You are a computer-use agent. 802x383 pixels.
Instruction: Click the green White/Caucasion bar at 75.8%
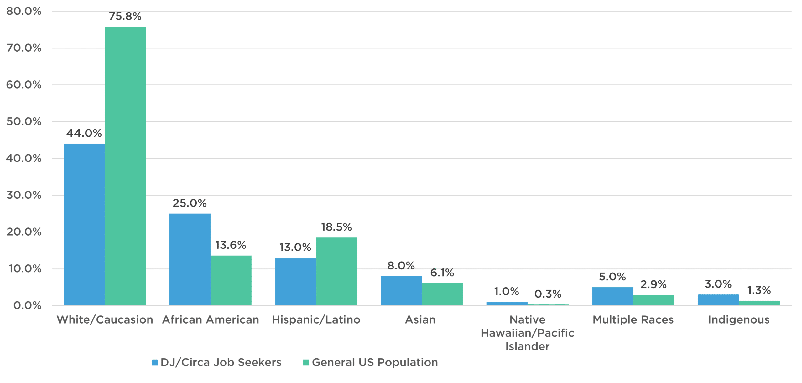pyautogui.click(x=125, y=166)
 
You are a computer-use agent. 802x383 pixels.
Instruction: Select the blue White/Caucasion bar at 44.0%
pyautogui.click(x=84, y=224)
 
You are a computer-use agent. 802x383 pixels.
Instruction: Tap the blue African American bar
pyautogui.click(x=190, y=259)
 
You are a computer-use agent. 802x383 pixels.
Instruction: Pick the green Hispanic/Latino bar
pyautogui.click(x=337, y=271)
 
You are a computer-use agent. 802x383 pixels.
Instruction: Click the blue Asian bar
pyautogui.click(x=401, y=290)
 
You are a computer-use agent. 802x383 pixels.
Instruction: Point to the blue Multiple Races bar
pyautogui.click(x=612, y=296)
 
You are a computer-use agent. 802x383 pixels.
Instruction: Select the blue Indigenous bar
pyautogui.click(x=718, y=300)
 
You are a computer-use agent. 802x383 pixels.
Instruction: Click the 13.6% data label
pyautogui.click(x=231, y=245)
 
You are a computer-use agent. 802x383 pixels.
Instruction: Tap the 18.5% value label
pyautogui.click(x=336, y=227)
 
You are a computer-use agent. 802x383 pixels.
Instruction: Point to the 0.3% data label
pyautogui.click(x=548, y=294)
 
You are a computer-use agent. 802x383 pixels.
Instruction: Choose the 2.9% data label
pyautogui.click(x=654, y=284)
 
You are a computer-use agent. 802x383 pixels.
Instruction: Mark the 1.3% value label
pyautogui.click(x=759, y=290)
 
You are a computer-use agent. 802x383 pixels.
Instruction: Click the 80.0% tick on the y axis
pyautogui.click(x=24, y=12)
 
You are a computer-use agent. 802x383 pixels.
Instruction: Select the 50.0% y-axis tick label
pyautogui.click(x=24, y=122)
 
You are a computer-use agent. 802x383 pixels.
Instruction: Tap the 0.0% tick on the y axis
pyautogui.click(x=27, y=306)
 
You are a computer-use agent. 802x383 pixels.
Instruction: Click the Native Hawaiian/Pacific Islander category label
pyautogui.click(x=528, y=333)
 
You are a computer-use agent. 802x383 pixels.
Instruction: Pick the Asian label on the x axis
pyautogui.click(x=420, y=320)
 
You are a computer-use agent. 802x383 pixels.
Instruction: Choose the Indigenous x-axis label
pyautogui.click(x=739, y=320)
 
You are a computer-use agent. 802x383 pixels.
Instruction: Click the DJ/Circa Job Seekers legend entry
pyautogui.click(x=217, y=363)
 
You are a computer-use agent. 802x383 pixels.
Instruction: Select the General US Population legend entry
pyautogui.click(x=371, y=363)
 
